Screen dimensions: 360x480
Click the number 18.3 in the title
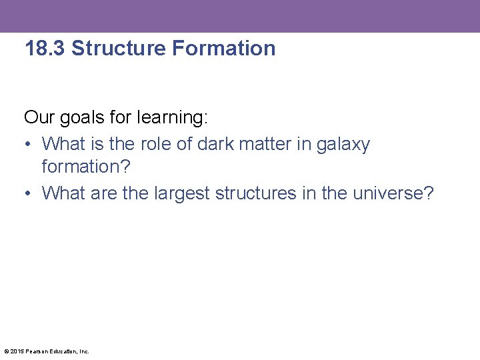45,49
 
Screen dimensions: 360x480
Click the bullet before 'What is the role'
29,145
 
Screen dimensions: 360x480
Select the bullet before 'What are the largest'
29,194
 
